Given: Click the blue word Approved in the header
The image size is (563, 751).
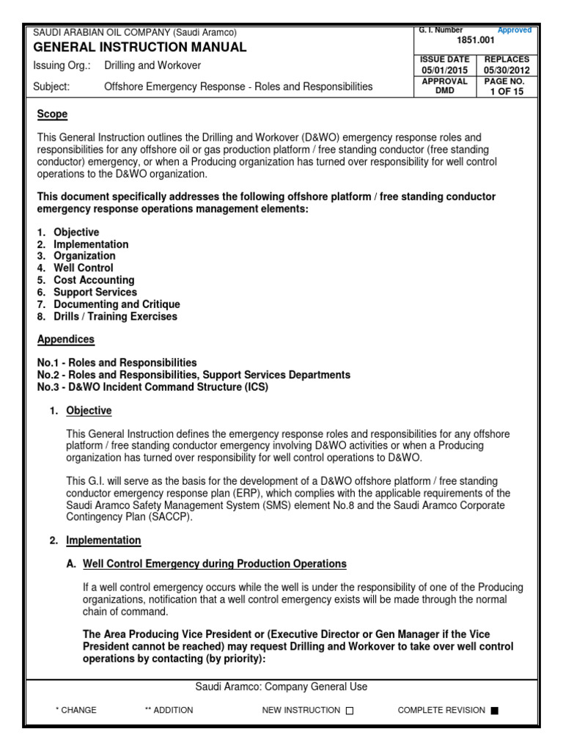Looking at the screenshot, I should pyautogui.click(x=515, y=30).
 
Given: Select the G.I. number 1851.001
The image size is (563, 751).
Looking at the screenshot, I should pyautogui.click(x=476, y=43).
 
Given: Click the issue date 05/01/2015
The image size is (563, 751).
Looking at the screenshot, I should pyautogui.click(x=445, y=70).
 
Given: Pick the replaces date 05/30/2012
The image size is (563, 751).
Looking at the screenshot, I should pyautogui.click(x=507, y=70).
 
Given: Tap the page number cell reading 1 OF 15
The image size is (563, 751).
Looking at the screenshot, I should pyautogui.click(x=507, y=92).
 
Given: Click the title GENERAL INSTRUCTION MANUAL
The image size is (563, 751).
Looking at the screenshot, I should pyautogui.click(x=140, y=48).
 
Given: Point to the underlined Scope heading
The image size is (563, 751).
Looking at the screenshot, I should pyautogui.click(x=52, y=114).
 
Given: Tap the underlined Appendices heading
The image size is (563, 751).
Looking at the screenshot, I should pyautogui.click(x=66, y=340).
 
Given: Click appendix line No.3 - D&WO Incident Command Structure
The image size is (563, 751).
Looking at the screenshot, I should pyautogui.click(x=152, y=387).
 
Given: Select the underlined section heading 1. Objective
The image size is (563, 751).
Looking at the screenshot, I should pyautogui.click(x=89, y=411).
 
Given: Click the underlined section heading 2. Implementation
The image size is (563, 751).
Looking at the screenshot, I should pyautogui.click(x=103, y=541).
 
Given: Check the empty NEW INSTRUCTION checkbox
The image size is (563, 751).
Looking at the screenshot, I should pyautogui.click(x=349, y=711).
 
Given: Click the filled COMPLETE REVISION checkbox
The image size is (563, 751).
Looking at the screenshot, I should pyautogui.click(x=494, y=711).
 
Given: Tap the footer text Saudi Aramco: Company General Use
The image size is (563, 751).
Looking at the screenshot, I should pyautogui.click(x=281, y=687).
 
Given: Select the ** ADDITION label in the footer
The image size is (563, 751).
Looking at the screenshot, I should pyautogui.click(x=169, y=710).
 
